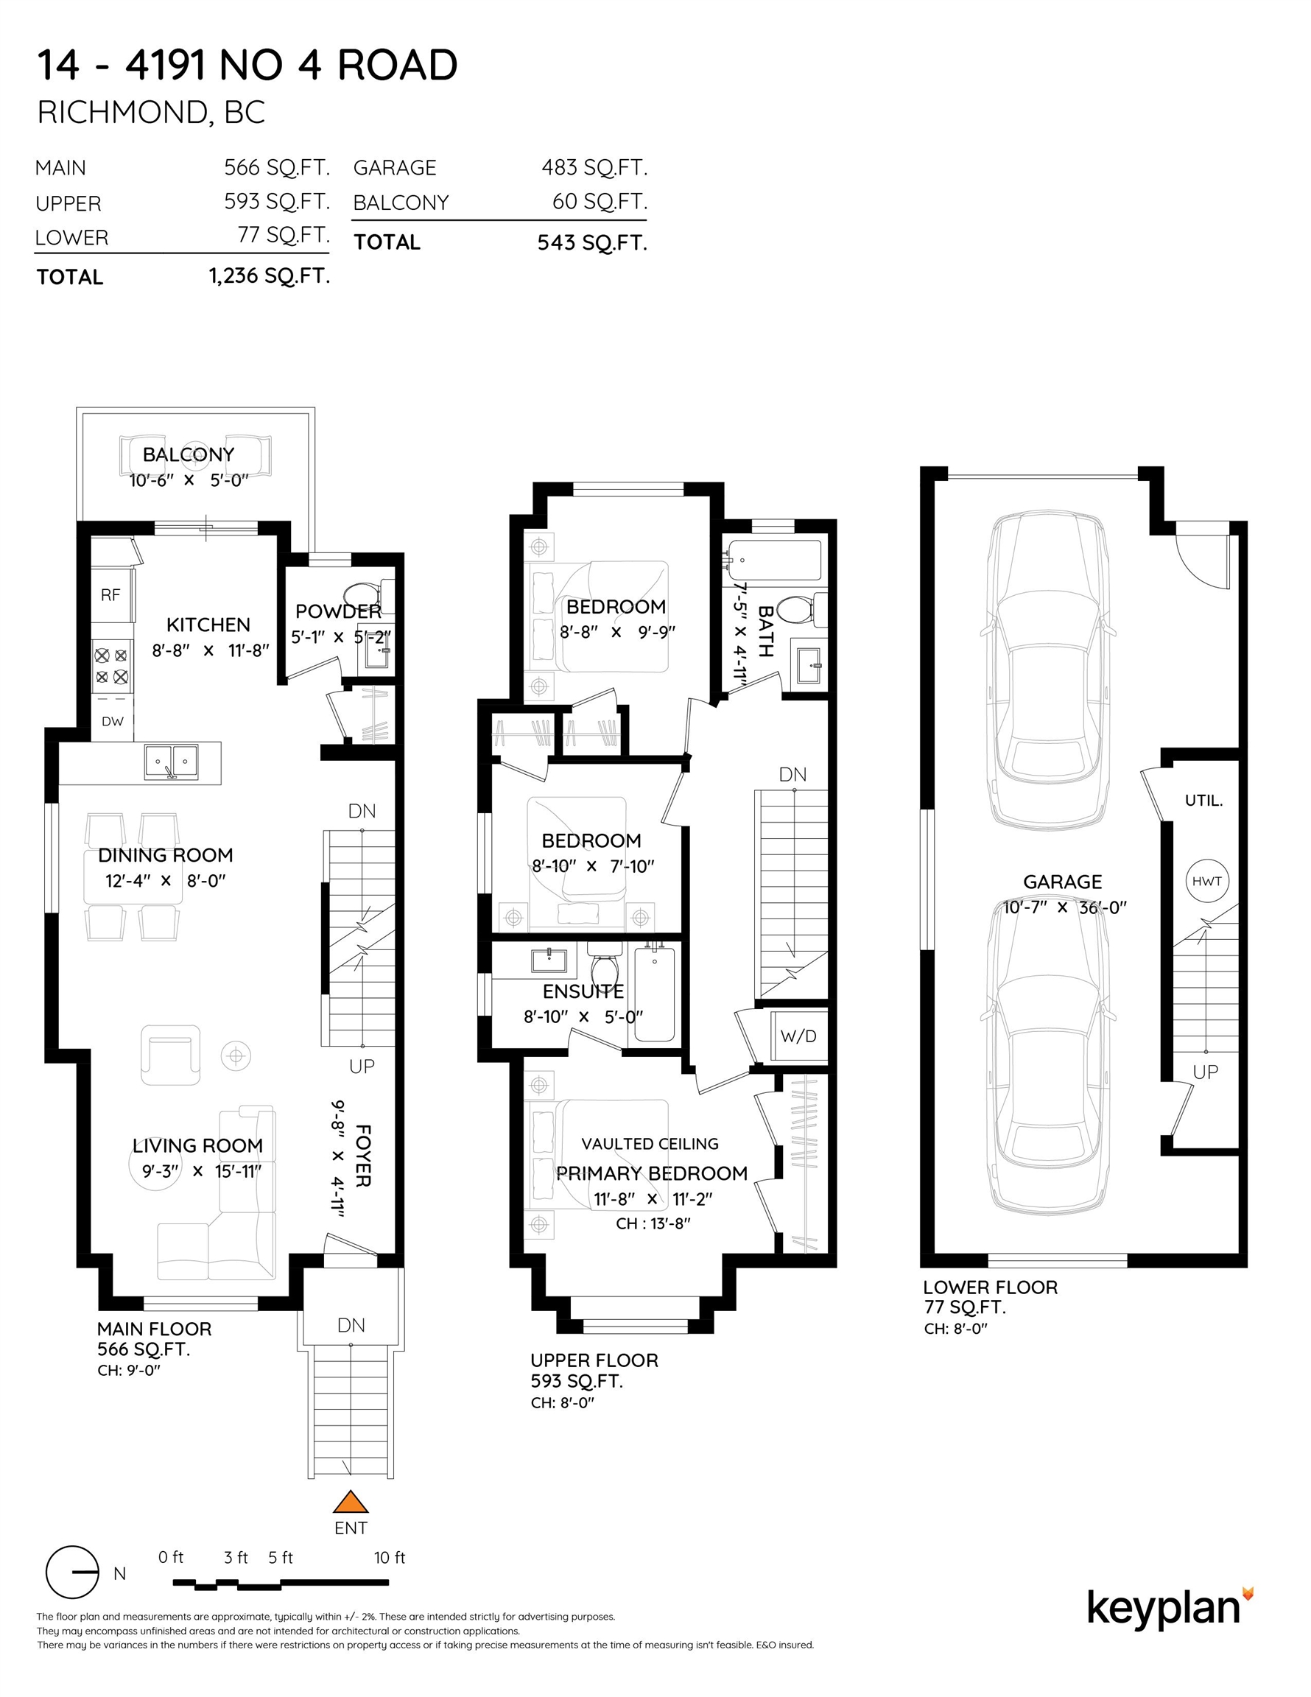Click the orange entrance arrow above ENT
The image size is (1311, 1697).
351,1501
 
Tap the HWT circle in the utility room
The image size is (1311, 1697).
1206,881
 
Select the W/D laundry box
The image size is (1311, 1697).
798,1036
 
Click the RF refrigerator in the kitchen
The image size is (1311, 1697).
111,595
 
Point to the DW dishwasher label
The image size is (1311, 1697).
113,721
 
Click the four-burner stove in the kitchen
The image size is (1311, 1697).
112,665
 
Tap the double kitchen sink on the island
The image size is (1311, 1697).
171,762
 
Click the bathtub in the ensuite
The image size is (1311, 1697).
654,992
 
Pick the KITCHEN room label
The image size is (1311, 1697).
208,625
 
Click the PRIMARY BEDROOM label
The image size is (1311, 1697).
651,1173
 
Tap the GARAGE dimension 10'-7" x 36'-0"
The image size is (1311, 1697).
1064,907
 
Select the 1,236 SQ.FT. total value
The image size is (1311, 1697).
270,276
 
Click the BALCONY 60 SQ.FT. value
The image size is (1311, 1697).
600,202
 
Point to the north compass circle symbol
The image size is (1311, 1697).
72,1572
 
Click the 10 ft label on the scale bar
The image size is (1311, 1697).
390,1557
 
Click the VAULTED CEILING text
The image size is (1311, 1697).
650,1144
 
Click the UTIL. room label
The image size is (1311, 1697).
1203,801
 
